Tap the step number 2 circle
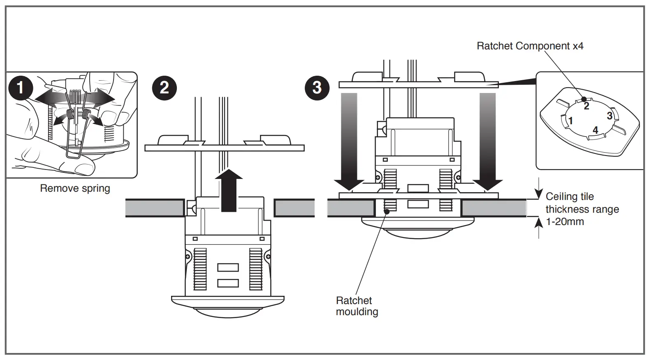(x=164, y=88)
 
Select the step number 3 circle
(x=317, y=88)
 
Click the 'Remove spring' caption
(x=75, y=188)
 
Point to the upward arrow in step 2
(x=229, y=190)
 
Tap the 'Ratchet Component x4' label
(x=530, y=46)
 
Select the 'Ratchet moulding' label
(x=356, y=306)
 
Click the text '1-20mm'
(x=565, y=222)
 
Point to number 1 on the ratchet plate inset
(x=570, y=121)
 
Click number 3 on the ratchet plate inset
(x=610, y=116)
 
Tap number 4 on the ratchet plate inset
(x=595, y=130)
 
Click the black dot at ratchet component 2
(x=584, y=99)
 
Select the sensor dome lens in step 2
(x=228, y=312)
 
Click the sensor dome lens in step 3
(x=418, y=232)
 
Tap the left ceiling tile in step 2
(x=155, y=208)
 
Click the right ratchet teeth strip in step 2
(x=255, y=269)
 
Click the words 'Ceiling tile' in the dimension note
(x=570, y=196)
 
